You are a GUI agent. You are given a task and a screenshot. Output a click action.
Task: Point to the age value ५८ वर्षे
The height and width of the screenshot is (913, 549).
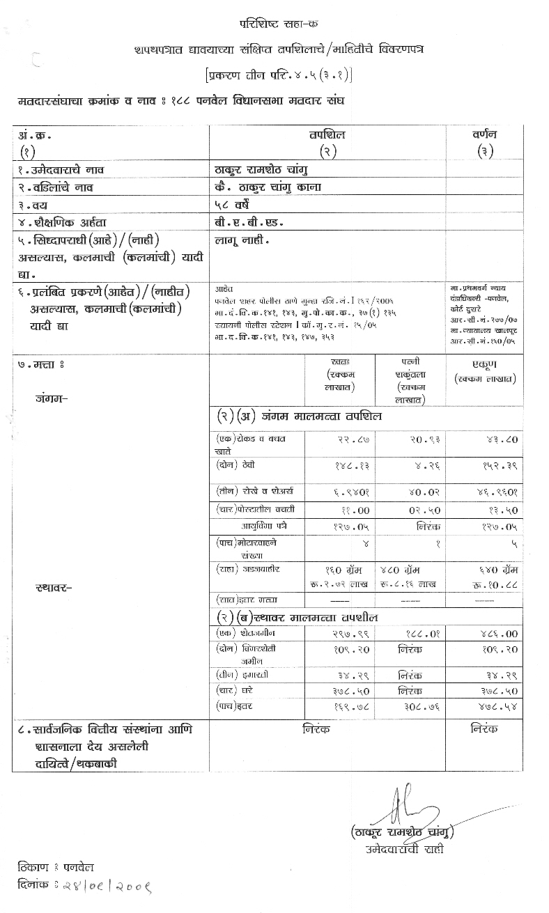(235, 204)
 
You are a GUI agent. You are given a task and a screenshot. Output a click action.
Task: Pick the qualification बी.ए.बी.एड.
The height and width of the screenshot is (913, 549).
(249, 222)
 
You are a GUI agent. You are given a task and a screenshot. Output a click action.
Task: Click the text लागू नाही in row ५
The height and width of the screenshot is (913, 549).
(242, 240)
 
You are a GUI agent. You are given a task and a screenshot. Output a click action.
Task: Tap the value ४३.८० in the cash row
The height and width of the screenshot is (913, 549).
(501, 440)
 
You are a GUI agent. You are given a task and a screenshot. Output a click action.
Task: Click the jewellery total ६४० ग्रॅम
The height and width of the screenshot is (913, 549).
(494, 570)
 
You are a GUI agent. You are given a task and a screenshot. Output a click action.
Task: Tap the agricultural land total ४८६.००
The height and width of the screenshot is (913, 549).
(501, 634)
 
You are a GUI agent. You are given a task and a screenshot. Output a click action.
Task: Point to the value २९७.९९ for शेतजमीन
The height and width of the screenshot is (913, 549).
(342, 634)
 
